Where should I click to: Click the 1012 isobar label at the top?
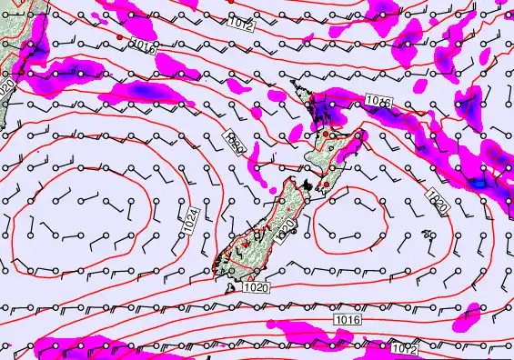coord(241,25)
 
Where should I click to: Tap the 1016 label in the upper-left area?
coord(144,45)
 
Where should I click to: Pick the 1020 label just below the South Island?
coord(255,287)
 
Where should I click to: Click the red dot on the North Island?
coord(327,134)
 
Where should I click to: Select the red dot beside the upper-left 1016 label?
coord(119,36)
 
